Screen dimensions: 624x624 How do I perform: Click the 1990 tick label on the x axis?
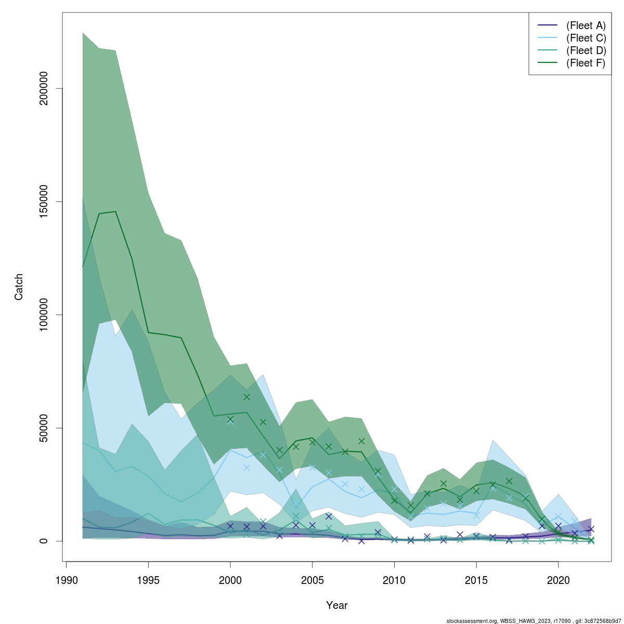pyautogui.click(x=66, y=580)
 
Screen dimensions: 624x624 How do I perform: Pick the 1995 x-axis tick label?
pyautogui.click(x=148, y=580)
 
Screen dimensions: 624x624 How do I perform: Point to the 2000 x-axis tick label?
pyautogui.click(x=230, y=580)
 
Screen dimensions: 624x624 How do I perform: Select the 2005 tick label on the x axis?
pyautogui.click(x=312, y=580)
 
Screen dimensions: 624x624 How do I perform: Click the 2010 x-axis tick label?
pyautogui.click(x=394, y=580)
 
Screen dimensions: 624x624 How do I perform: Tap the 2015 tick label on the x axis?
pyautogui.click(x=476, y=580)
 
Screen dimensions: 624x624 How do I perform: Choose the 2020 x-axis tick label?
pyautogui.click(x=558, y=580)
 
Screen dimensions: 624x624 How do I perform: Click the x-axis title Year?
pyautogui.click(x=337, y=605)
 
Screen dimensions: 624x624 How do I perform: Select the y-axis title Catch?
pyautogui.click(x=19, y=287)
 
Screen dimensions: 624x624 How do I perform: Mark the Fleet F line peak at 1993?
pyautogui.click(x=115, y=212)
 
